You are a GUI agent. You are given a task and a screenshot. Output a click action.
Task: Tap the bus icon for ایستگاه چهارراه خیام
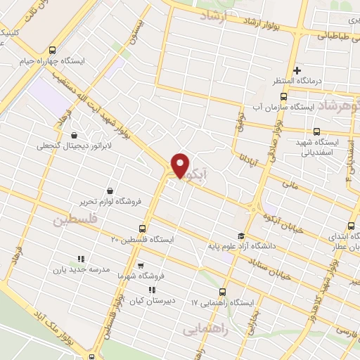pyautogui.click(x=53, y=50)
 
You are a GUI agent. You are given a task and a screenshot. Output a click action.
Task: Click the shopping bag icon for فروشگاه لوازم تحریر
pyautogui.click(x=110, y=191)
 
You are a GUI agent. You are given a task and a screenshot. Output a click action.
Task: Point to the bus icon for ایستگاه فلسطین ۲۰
pyautogui.click(x=143, y=229)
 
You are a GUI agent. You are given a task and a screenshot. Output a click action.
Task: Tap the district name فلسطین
pyautogui.click(x=72, y=221)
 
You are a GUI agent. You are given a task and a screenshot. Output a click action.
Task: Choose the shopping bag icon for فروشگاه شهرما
pyautogui.click(x=141, y=266)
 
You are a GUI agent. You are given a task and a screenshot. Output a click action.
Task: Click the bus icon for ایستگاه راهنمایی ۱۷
pyautogui.click(x=223, y=292)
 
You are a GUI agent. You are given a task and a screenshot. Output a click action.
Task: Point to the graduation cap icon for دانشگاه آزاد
pyautogui.click(x=242, y=236)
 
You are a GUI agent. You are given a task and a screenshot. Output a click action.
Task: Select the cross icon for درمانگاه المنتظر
pyautogui.click(x=297, y=70)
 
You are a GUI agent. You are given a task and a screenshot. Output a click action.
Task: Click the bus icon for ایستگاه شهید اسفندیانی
pyautogui.click(x=316, y=131)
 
